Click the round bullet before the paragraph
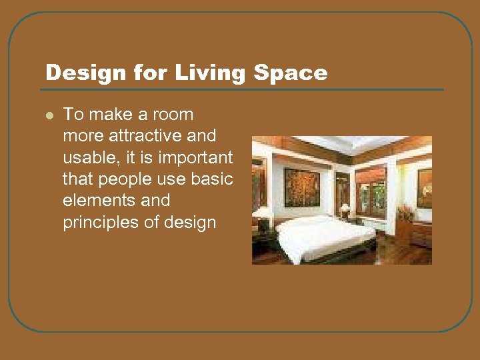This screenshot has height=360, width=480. click(49, 115)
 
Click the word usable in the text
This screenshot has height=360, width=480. click(85, 157)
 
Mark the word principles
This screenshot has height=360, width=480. click(101, 222)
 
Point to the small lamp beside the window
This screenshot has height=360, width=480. click(345, 209)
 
